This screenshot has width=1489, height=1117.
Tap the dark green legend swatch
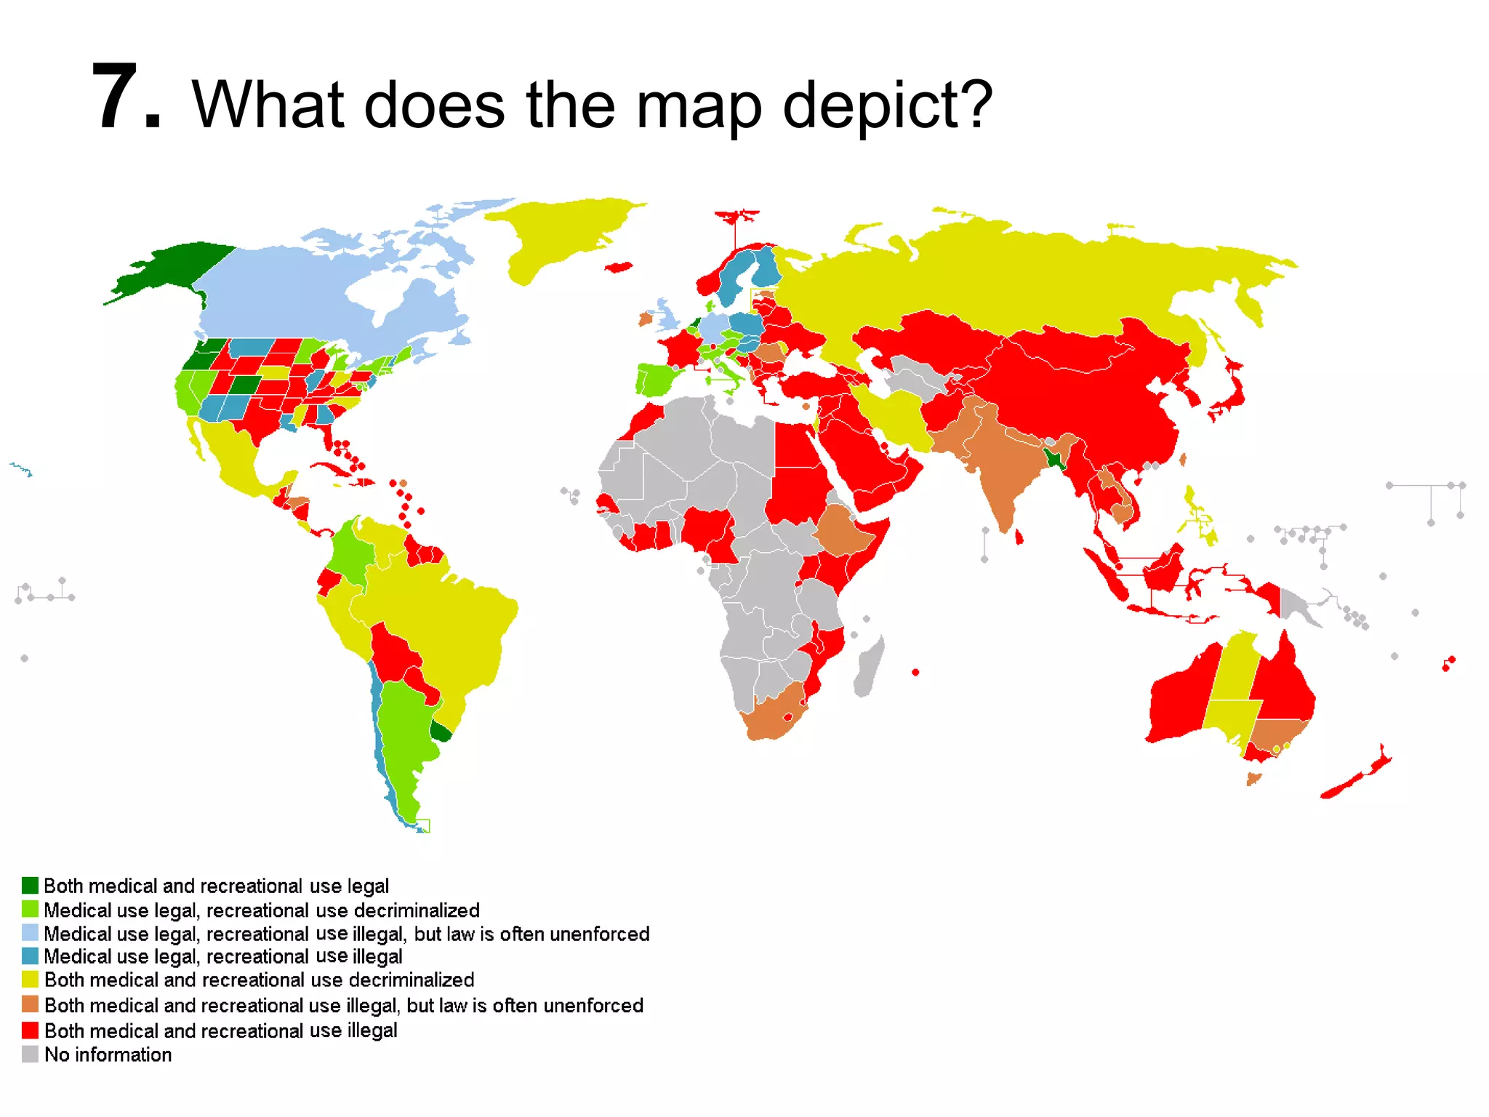point(30,885)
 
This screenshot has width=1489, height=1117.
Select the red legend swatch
point(30,1030)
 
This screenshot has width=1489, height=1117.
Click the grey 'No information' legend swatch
point(30,1054)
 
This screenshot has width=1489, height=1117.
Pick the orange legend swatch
point(30,1004)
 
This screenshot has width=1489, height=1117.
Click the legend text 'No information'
point(108,1054)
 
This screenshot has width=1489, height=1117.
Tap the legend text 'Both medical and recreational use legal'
point(216,886)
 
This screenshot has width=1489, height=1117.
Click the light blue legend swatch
point(30,933)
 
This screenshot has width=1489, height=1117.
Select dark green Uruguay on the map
point(441,731)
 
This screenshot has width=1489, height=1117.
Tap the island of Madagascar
point(869,665)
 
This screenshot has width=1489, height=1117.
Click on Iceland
point(619,268)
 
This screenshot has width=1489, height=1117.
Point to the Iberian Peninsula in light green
point(658,380)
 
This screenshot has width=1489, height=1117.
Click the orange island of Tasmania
point(1253,779)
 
